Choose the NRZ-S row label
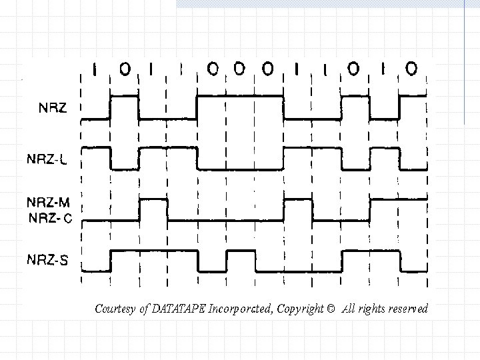[48, 260]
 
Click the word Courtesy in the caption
[115, 309]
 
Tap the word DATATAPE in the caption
[179, 309]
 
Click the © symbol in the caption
[331, 309]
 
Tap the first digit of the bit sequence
[96, 68]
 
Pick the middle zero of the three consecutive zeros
[241, 68]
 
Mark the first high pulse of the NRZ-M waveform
[153, 199]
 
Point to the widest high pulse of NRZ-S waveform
[153, 251]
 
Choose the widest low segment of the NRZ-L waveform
[240, 169]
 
